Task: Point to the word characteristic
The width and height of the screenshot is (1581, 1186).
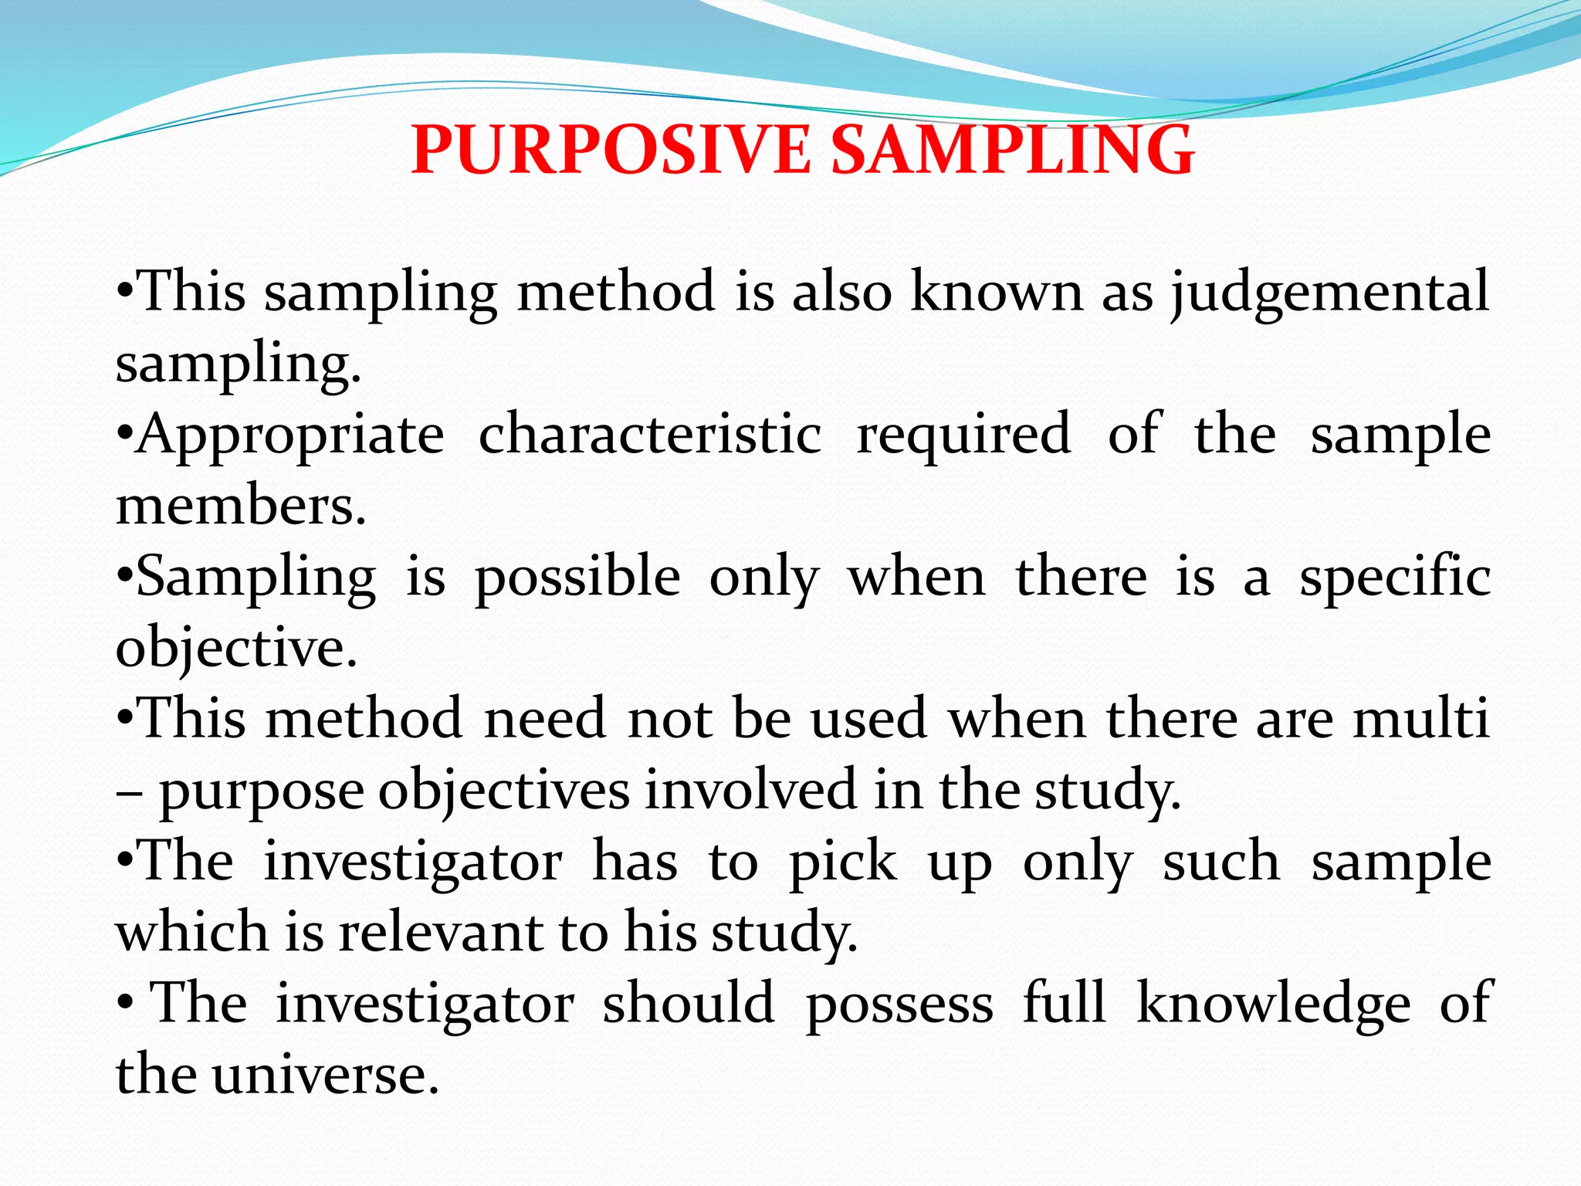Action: (x=650, y=434)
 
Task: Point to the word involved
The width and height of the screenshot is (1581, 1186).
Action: (x=750, y=790)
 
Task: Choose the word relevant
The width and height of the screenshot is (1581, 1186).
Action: (x=441, y=932)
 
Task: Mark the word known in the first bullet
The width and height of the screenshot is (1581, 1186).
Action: (x=997, y=292)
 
